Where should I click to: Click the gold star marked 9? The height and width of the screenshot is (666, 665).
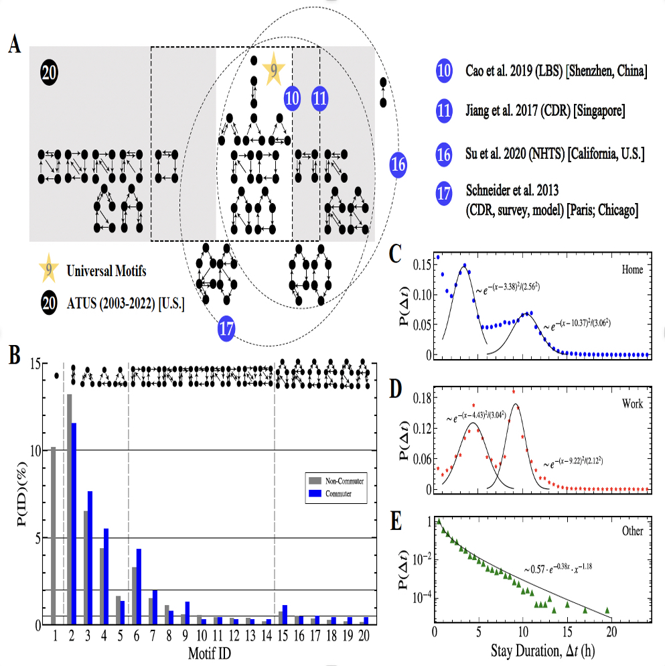coord(273,69)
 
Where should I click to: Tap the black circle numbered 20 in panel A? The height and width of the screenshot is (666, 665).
coord(50,72)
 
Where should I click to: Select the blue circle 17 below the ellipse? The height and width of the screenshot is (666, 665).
coord(228,328)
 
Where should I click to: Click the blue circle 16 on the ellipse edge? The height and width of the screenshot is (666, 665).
coord(398,164)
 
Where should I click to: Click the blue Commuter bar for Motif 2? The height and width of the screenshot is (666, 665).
coord(74,523)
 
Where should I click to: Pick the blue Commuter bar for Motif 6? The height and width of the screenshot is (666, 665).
coord(139,586)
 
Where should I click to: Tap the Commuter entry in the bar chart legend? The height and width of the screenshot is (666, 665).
coord(339,494)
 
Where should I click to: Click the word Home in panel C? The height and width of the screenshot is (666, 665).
coord(630,269)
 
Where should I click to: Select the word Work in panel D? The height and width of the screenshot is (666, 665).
coord(631,404)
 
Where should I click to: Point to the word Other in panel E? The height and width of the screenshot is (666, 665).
coord(631,531)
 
